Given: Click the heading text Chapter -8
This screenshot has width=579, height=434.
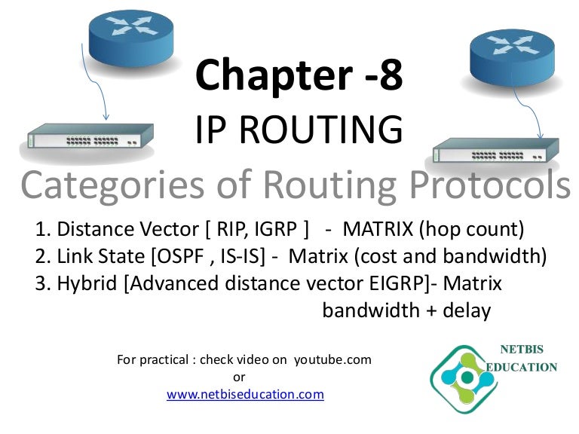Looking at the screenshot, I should point(299,75).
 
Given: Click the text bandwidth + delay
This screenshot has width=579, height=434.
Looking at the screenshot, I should point(406,310).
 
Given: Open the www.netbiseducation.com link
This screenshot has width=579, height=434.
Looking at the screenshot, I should point(245,394).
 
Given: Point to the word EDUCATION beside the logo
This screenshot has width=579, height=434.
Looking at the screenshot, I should point(523,368).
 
